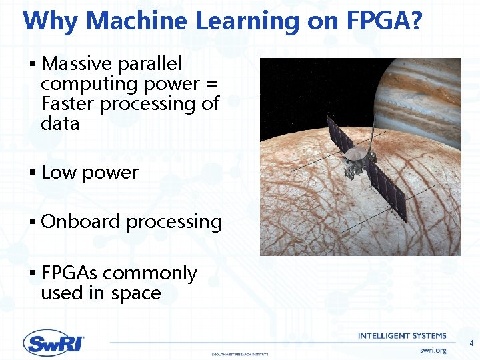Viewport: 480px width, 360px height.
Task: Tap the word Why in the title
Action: coord(51,21)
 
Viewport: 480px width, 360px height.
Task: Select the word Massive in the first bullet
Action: coord(77,64)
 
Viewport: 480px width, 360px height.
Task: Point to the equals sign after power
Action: coord(212,85)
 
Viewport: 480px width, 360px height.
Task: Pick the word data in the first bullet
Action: coord(60,124)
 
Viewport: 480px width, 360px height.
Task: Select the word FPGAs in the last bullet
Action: coord(70,273)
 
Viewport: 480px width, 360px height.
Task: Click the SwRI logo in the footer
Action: coord(54,343)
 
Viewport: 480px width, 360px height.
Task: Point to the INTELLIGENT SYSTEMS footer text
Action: coord(402,335)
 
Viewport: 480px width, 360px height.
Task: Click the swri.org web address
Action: coord(433,350)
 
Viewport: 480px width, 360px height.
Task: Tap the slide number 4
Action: coord(471,344)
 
